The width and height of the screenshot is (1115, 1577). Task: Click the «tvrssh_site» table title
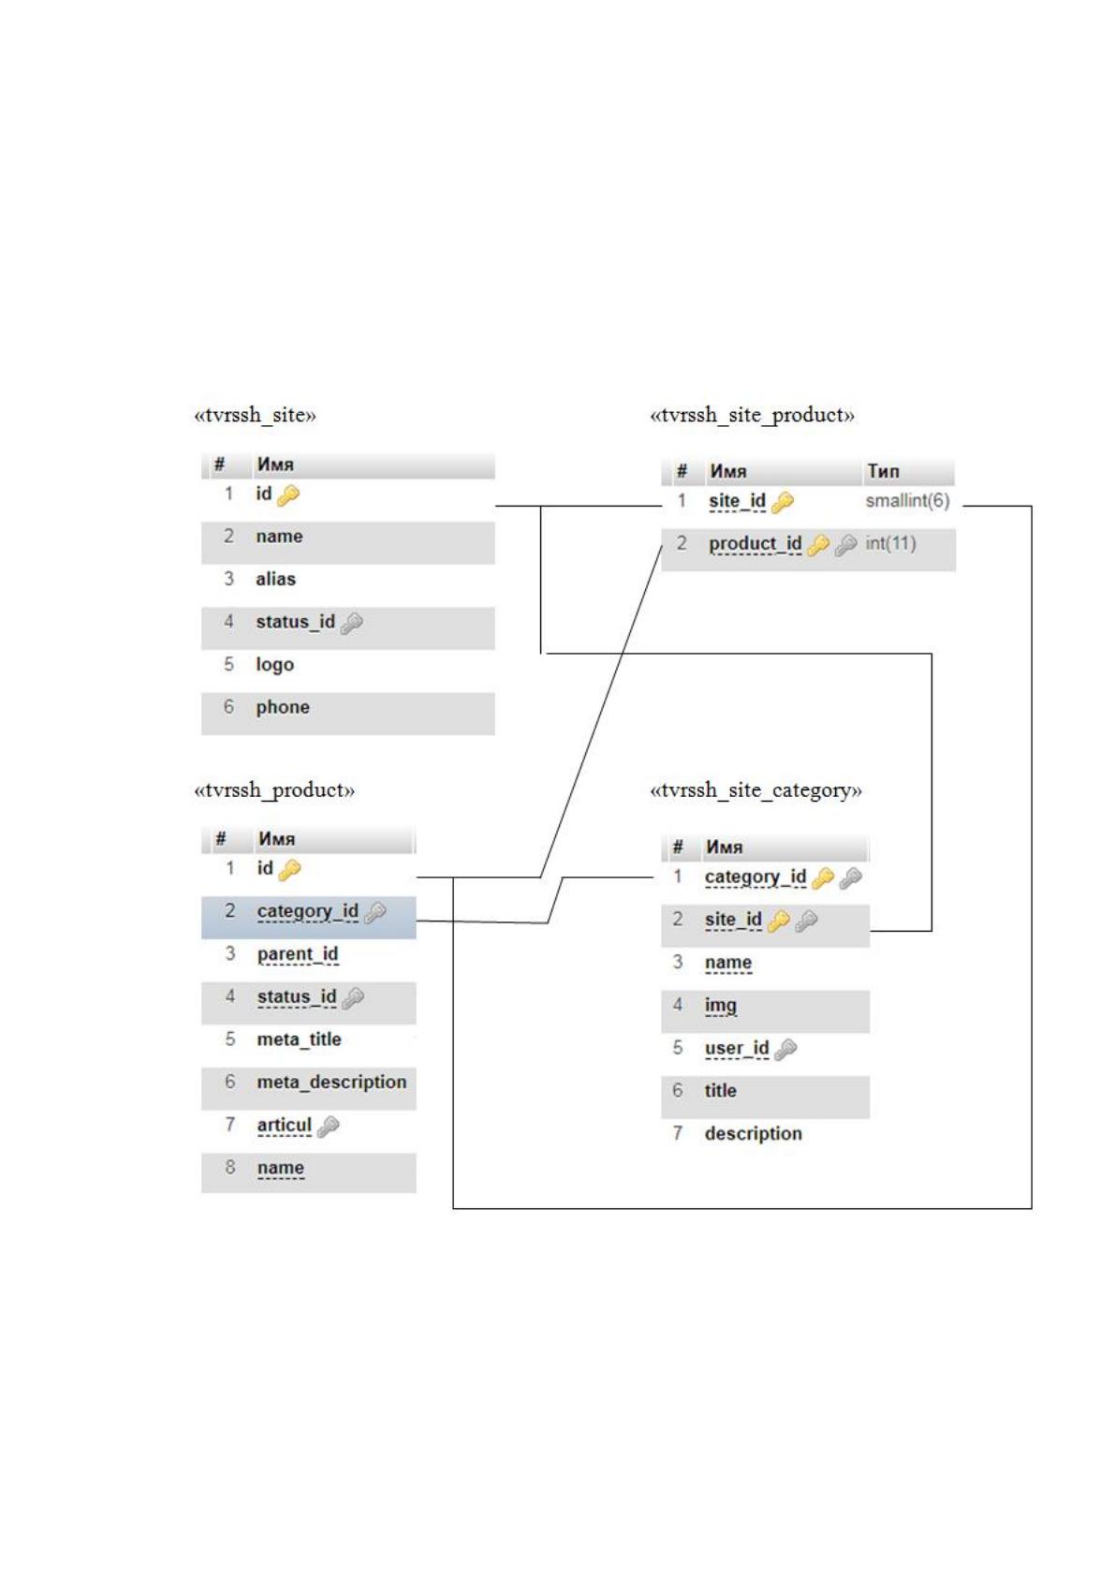pyautogui.click(x=255, y=416)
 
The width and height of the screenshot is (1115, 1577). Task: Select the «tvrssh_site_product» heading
pyautogui.click(x=753, y=416)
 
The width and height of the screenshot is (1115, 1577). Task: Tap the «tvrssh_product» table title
pyautogui.click(x=273, y=790)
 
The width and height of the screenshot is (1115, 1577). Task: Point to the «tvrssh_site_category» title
pyautogui.click(x=756, y=790)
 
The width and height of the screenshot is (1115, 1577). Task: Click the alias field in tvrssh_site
pyautogui.click(x=275, y=579)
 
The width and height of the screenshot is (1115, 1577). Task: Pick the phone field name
pyautogui.click(x=283, y=707)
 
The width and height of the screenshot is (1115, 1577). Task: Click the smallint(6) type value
pyautogui.click(x=907, y=501)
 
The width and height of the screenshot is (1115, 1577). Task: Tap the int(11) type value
pyautogui.click(x=890, y=543)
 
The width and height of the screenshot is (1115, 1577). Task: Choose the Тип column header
pyautogui.click(x=883, y=471)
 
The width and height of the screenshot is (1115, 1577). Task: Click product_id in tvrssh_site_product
pyautogui.click(x=755, y=544)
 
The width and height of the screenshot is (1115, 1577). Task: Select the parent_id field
pyautogui.click(x=297, y=954)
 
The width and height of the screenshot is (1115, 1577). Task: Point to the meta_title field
pyautogui.click(x=299, y=1039)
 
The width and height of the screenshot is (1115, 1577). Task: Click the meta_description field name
pyautogui.click(x=331, y=1082)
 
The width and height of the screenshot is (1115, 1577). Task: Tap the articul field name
pyautogui.click(x=284, y=1125)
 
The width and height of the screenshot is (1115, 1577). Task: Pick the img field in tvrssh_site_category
pyautogui.click(x=720, y=1006)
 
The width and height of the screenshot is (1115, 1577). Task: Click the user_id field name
pyautogui.click(x=736, y=1048)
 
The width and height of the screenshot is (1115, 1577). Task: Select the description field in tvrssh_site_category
pyautogui.click(x=754, y=1133)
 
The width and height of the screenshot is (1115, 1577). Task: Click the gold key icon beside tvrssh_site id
pyautogui.click(x=288, y=495)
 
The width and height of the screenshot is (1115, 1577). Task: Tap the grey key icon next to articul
pyautogui.click(x=328, y=1127)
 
